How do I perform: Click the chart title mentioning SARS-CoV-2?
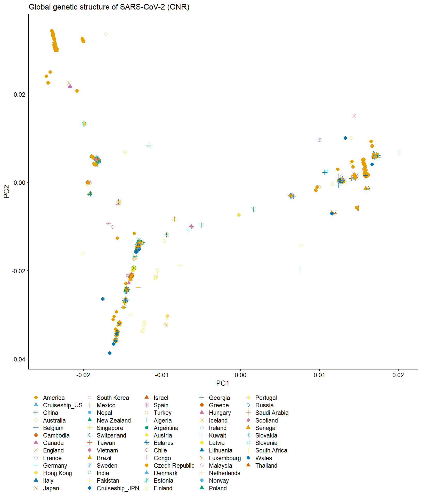pyautogui.click(x=109, y=7)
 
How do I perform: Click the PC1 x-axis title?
pyautogui.click(x=222, y=383)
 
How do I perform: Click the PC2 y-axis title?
pyautogui.click(x=7, y=192)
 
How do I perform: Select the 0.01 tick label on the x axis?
pyautogui.click(x=319, y=375)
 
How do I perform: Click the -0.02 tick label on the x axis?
pyautogui.click(x=83, y=375)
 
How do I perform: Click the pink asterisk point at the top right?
pyautogui.click(x=354, y=116)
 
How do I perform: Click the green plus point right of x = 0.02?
pyautogui.click(x=400, y=152)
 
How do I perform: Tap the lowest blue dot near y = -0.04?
pyautogui.click(x=110, y=353)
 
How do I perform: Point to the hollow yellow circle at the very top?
pyautogui.click(x=106, y=34)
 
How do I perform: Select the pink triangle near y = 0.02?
pyautogui.click(x=70, y=86)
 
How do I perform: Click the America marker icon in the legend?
pyautogui.click(x=36, y=398)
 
